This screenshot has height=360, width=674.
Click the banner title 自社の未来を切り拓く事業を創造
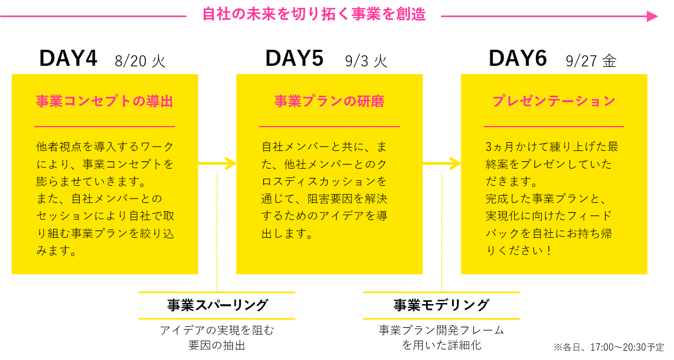[313, 14]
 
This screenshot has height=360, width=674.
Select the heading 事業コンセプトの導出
[105, 101]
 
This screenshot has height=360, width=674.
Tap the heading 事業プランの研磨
[329, 101]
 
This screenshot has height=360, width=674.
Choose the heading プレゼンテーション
[554, 101]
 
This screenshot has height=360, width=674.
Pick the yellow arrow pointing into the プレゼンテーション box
[442, 163]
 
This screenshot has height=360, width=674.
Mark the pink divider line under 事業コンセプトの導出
[105, 127]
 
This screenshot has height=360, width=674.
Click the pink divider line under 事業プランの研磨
[329, 127]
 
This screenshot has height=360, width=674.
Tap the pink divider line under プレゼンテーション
[554, 127]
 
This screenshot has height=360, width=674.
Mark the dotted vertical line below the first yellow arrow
[217, 232]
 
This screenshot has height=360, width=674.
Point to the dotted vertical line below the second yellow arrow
[442, 232]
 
